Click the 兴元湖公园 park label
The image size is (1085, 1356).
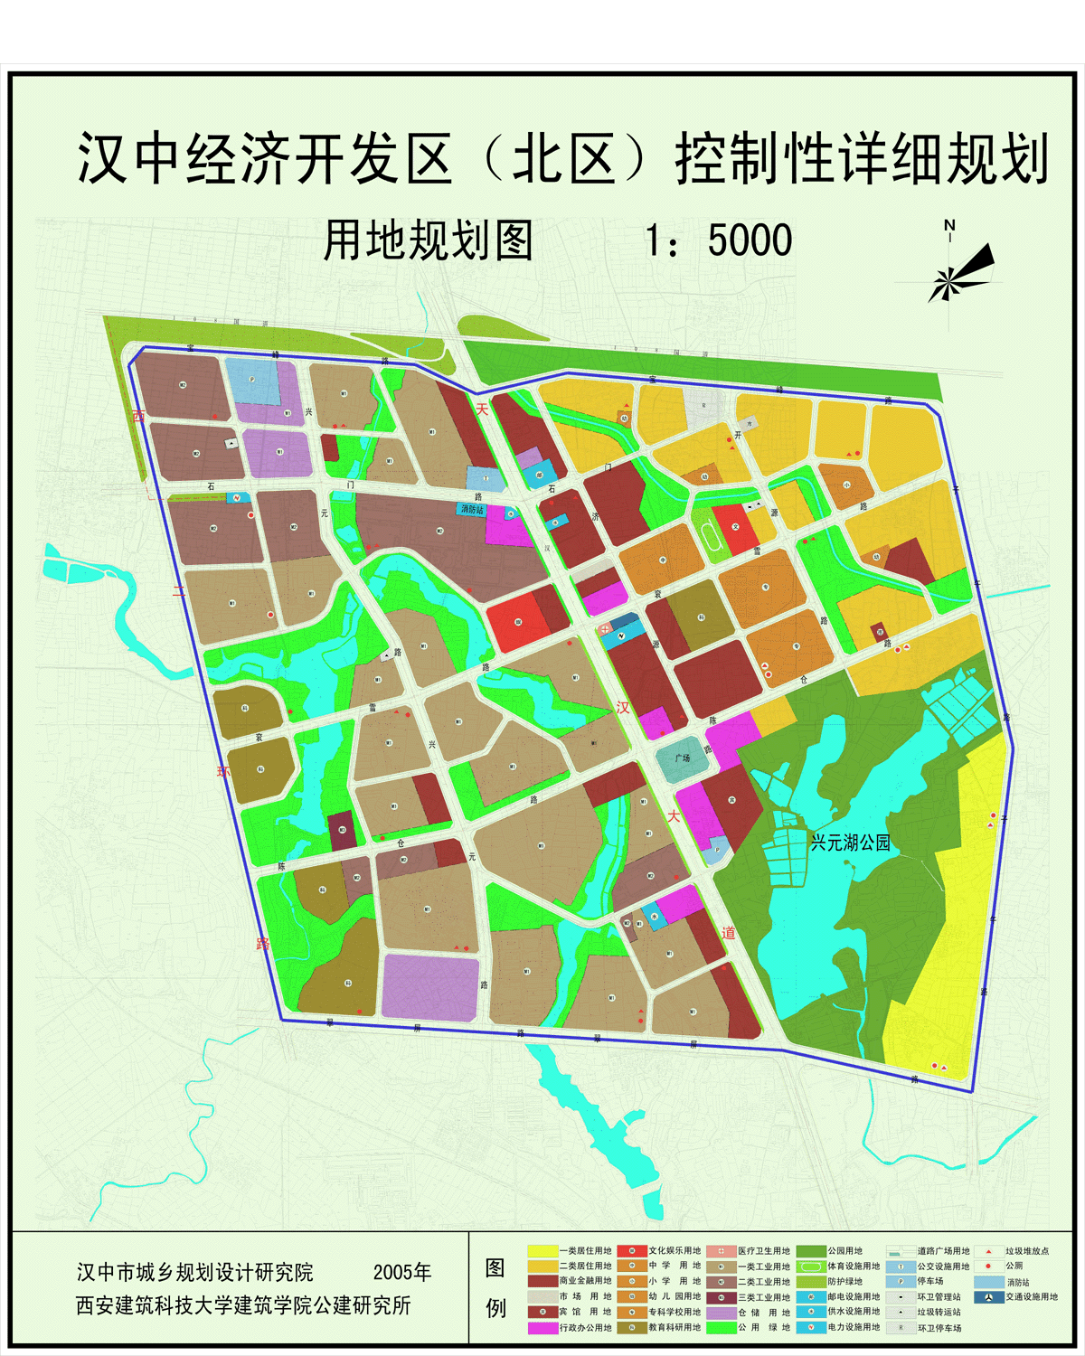pos(850,843)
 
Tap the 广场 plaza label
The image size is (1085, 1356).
pos(683,758)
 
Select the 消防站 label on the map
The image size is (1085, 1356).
pos(472,510)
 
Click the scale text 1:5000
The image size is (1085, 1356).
pos(719,241)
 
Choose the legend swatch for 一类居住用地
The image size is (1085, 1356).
pos(542,1251)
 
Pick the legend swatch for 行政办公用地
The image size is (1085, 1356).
pos(542,1328)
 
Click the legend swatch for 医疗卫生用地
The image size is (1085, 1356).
pos(721,1251)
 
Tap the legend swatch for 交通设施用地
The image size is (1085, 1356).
pos(989,1297)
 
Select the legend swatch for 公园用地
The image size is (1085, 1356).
pos(811,1251)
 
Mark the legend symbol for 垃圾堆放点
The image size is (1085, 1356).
pos(989,1251)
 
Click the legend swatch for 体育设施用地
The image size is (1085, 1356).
pos(811,1267)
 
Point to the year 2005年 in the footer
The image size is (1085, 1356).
pos(402,1272)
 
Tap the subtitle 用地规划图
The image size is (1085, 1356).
pos(428,241)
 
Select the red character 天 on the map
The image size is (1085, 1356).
pos(482,410)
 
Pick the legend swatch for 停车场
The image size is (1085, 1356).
pos(901,1282)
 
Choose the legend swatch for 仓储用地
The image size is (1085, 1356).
pos(721,1313)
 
